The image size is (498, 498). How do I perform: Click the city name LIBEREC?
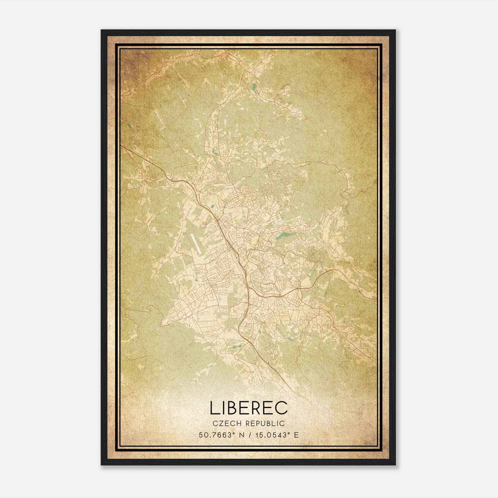coord(249,408)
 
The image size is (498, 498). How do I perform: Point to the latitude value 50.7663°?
coord(217,435)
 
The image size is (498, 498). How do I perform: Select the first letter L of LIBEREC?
coord(214,408)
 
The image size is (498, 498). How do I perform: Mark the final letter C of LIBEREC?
coord(281,408)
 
